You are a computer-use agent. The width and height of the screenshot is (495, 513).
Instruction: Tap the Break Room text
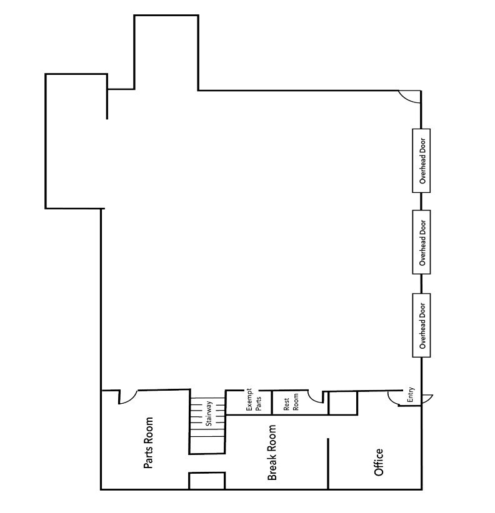pyautogui.click(x=272, y=453)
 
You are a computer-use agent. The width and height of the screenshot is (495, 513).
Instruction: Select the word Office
pyautogui.click(x=378, y=462)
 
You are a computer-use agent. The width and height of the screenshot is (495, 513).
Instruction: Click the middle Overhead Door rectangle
pyautogui.click(x=422, y=242)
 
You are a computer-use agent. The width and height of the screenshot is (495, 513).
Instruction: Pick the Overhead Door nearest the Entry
pyautogui.click(x=422, y=325)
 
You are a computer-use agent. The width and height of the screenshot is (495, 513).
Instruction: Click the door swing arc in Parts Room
pyautogui.click(x=128, y=397)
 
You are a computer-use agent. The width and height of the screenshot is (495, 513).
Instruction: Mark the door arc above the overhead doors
pyautogui.click(x=411, y=97)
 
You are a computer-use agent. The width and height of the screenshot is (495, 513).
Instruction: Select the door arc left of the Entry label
pyautogui.click(x=394, y=398)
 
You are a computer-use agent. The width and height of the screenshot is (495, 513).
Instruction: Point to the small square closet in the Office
pyautogui.click(x=342, y=403)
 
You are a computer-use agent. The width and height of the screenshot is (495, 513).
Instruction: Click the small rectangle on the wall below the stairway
pyautogui.click(x=207, y=481)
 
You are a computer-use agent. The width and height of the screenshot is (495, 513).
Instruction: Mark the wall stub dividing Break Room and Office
pyautogui.click(x=328, y=462)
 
